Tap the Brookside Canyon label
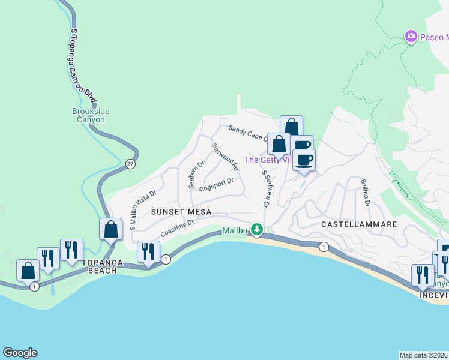click(88, 115)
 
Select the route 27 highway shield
click(130, 163)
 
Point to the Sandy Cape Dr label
click(248, 133)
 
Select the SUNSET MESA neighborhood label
click(178, 212)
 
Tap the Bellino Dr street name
click(364, 193)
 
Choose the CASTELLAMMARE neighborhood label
click(359, 224)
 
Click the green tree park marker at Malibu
click(257, 229)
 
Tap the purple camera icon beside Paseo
click(411, 37)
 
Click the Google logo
click(20, 353)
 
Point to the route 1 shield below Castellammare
click(324, 247)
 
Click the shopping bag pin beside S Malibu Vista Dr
click(110, 229)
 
